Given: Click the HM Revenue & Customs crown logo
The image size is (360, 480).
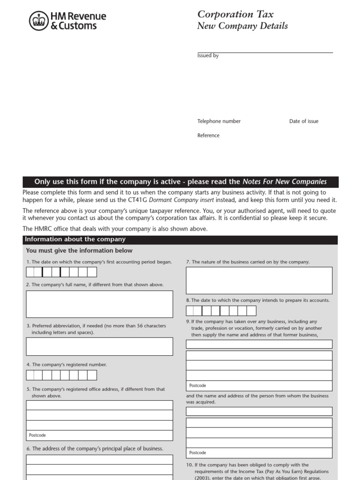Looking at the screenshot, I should (x=38, y=21).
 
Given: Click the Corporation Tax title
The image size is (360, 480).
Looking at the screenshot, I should (x=235, y=15).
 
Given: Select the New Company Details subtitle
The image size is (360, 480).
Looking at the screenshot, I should (x=242, y=26).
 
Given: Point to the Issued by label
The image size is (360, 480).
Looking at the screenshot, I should (x=208, y=56).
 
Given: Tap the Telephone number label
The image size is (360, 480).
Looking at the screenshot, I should (x=218, y=121).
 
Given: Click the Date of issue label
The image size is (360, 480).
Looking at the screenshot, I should (x=303, y=121).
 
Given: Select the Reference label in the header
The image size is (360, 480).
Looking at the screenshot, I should (x=208, y=135).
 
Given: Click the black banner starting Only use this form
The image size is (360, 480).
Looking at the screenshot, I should (x=180, y=182).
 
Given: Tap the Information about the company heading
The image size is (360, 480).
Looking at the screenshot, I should (x=75, y=240).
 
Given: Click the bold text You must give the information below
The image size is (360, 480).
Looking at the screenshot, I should (x=79, y=251).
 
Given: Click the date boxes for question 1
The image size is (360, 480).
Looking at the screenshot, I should (x=61, y=272).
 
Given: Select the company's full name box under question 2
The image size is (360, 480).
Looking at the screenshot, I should (x=99, y=304).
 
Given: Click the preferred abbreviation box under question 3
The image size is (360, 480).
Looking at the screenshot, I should (x=99, y=346).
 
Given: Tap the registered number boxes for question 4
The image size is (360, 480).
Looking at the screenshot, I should (x=61, y=375).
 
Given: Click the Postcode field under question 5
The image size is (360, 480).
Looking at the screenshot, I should (x=99, y=435).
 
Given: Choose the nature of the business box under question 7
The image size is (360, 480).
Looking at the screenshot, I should (x=259, y=280).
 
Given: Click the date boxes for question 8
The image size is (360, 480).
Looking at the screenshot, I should (x=221, y=311).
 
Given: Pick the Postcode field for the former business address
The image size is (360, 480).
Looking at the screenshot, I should (x=259, y=386).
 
